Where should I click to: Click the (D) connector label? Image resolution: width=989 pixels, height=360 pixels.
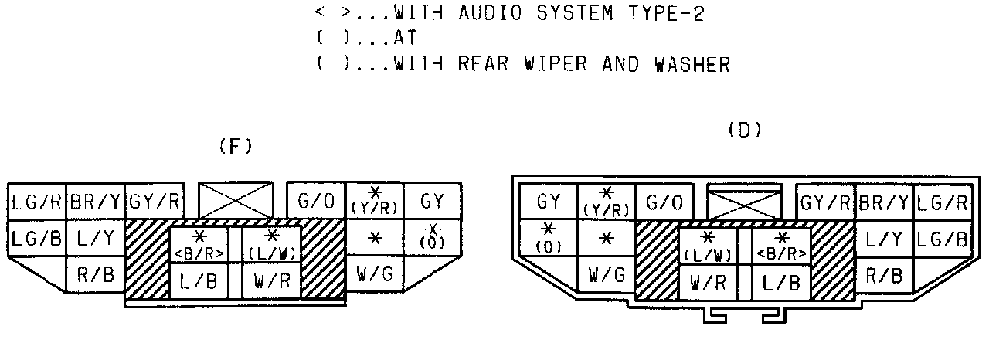coord(745,131)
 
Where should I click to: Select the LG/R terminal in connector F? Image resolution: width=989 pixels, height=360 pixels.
coord(36,203)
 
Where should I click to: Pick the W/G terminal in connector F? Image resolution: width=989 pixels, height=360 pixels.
coord(374,273)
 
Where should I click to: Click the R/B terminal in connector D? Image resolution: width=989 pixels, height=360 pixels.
coord(884,274)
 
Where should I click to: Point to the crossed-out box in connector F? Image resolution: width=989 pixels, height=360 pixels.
coord(236,201)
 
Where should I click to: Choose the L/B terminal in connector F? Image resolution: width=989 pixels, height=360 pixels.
coord(199,279)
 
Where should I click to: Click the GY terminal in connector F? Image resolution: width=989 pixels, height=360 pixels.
coord(433,202)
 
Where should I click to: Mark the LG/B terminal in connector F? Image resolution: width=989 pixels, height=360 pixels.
coord(36,239)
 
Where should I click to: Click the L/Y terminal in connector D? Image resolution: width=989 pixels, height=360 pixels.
coord(884,239)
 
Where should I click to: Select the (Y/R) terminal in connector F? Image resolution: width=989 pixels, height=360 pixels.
coord(375,202)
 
